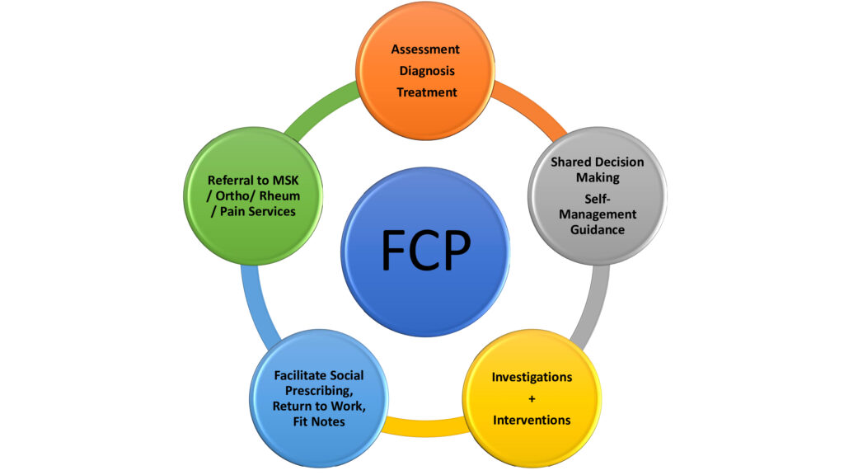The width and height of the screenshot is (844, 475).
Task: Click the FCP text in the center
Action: (426, 250)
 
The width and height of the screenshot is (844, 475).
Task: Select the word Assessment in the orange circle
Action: (425, 49)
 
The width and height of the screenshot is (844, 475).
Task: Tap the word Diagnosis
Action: (427, 71)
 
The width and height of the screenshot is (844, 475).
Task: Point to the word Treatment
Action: (427, 92)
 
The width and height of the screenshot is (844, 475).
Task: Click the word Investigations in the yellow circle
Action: (532, 378)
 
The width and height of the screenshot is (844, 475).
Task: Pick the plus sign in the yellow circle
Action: (532, 399)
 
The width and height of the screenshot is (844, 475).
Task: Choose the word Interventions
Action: (532, 420)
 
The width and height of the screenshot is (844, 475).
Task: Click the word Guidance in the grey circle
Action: (598, 230)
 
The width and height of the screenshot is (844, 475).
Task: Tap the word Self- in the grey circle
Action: (598, 200)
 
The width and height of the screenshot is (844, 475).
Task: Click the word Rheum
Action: (279, 196)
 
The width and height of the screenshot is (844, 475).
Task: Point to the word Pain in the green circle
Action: (232, 212)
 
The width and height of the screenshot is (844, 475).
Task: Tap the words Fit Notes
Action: (319, 421)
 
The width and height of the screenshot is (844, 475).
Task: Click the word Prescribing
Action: (319, 391)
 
